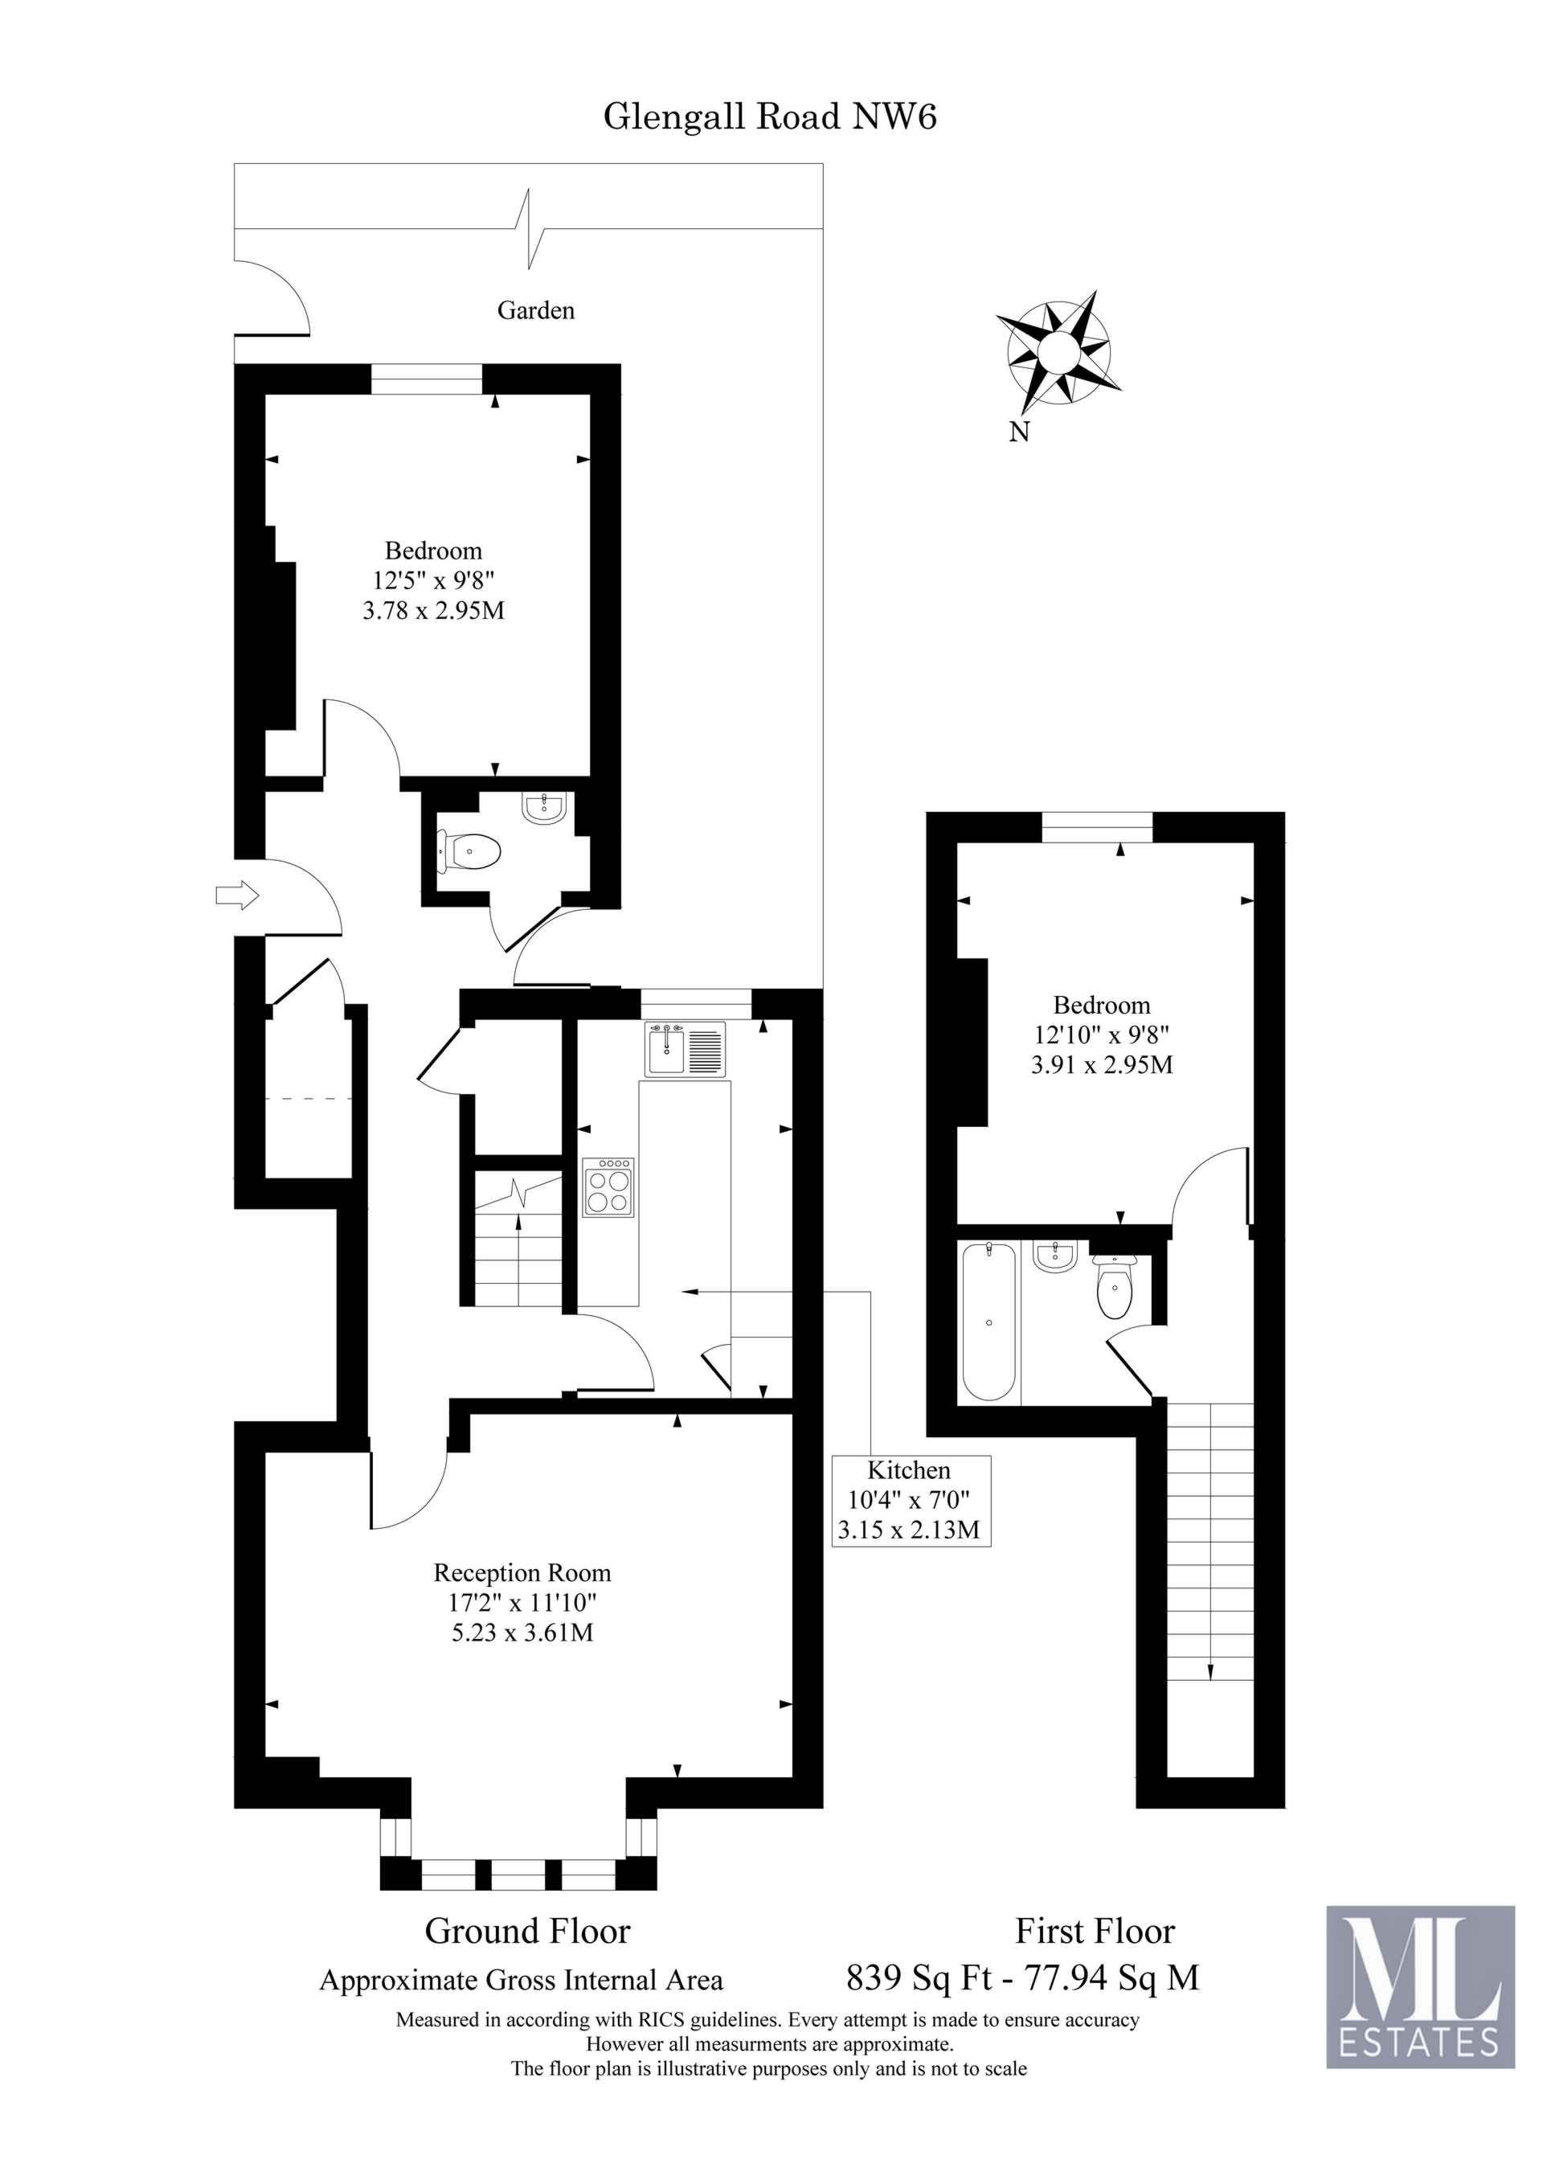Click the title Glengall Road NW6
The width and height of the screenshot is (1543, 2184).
coord(770,117)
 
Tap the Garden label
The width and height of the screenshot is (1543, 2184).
coord(535,310)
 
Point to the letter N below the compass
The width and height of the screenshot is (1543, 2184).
coord(1019,432)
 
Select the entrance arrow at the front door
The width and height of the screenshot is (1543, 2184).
coord(237,895)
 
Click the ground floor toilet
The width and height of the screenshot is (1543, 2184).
coord(470,851)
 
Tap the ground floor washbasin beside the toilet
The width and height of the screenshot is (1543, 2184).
coord(544,809)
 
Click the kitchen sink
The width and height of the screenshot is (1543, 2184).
coord(684,1049)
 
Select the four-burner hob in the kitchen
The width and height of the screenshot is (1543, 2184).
coord(608,1187)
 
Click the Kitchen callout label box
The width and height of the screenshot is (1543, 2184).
coord(911,1500)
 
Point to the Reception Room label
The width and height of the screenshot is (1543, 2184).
coord(522,1572)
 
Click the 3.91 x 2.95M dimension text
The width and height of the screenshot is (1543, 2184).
coord(1102,1064)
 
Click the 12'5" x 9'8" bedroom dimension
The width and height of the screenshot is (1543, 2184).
coord(434,580)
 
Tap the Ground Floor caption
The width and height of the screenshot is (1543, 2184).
coord(527,1931)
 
